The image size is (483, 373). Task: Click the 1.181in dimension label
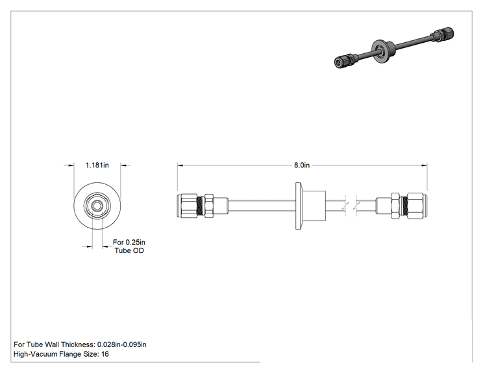[97, 165]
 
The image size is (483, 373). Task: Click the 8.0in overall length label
[302, 165]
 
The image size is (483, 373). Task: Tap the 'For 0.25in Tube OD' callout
[129, 247]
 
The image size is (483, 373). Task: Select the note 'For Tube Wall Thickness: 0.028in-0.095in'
[80, 344]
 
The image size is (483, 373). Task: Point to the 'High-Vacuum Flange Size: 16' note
[61, 354]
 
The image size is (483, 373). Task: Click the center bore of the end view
[97, 206]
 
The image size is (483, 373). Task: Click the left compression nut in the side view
[187, 206]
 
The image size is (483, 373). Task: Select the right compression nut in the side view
[417, 206]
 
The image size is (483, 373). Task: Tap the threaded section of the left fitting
[201, 206]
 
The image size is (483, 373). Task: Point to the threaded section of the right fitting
[404, 206]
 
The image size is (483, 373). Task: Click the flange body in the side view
[310, 206]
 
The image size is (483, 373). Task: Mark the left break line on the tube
[345, 206]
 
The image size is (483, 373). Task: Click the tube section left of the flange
[262, 206]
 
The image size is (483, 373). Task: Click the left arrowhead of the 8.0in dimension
[180, 165]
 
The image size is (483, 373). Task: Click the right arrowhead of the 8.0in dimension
[425, 165]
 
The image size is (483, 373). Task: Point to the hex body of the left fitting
[209, 206]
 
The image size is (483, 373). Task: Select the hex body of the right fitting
[395, 206]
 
